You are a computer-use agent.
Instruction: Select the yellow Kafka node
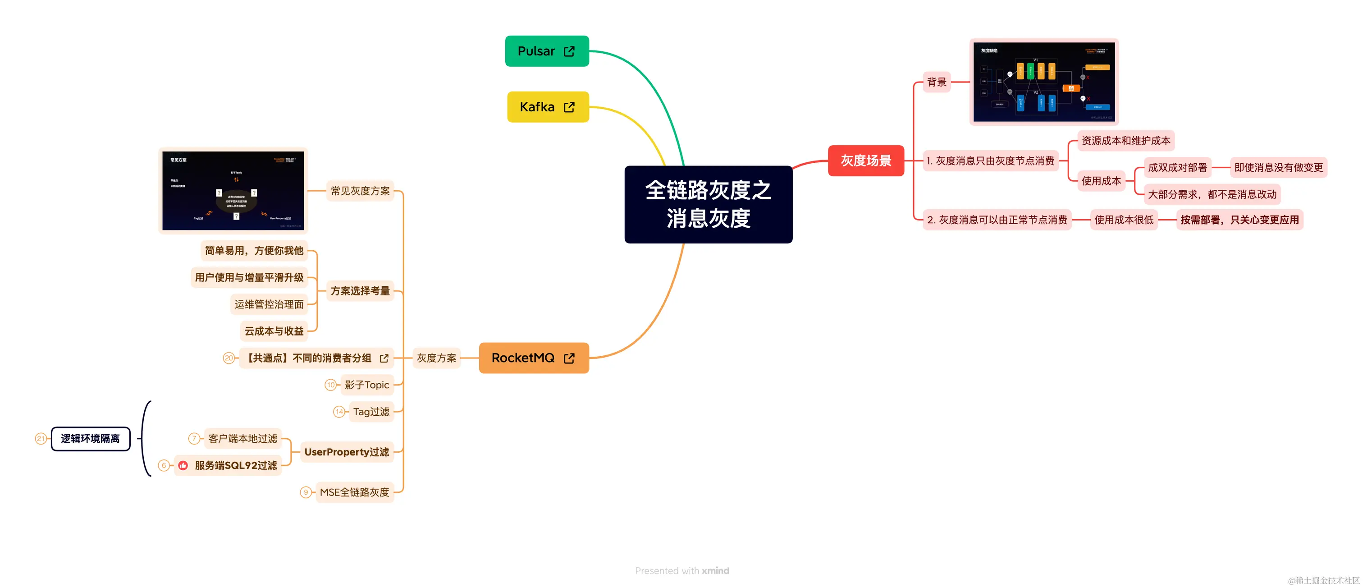(547, 107)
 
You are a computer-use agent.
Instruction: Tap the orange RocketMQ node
(533, 358)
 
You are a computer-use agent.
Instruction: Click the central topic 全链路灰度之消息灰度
(708, 204)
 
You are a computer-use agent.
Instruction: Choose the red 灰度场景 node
(866, 161)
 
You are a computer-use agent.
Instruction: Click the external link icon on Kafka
(569, 107)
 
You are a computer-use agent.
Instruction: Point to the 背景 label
(936, 82)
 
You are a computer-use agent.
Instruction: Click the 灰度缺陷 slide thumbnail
(1043, 82)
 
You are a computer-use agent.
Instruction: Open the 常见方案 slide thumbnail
(233, 191)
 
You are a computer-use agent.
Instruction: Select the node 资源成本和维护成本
(1125, 141)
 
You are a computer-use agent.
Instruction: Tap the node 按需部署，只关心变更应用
(1239, 220)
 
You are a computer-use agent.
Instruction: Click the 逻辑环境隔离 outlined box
(91, 439)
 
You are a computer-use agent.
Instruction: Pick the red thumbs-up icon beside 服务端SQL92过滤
(183, 466)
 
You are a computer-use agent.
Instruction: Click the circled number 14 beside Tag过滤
(339, 412)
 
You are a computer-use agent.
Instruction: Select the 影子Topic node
(367, 385)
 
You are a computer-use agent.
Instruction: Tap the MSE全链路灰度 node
(355, 492)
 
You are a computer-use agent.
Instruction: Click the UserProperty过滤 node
(347, 452)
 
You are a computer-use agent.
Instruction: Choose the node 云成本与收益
(274, 331)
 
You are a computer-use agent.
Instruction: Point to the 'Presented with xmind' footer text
(681, 570)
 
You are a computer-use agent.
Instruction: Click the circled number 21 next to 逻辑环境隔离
(41, 439)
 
